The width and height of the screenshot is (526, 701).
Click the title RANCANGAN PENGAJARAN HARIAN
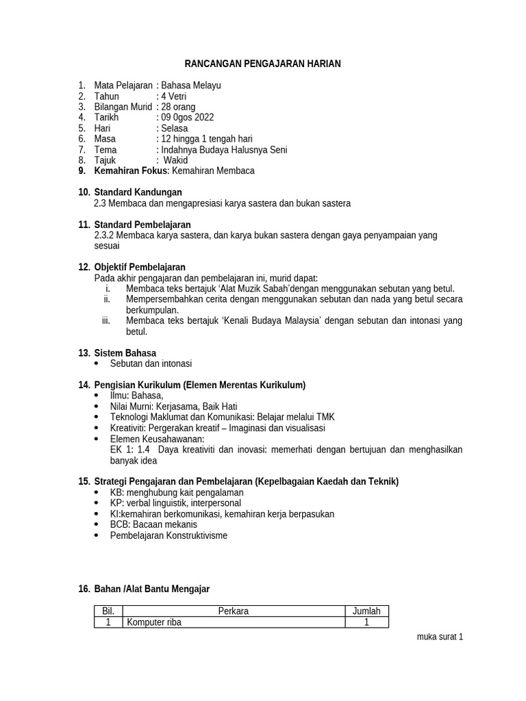263,64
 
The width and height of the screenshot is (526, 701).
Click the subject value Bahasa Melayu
190,86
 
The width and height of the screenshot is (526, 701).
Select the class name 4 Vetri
175,97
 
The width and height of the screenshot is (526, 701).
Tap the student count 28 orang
178,107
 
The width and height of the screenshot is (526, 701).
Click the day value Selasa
175,128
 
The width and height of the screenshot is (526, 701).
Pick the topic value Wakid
177,160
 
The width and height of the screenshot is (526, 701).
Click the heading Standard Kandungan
138,192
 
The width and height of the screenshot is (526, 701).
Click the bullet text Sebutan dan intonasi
151,364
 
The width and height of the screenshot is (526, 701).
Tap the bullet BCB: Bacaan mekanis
153,524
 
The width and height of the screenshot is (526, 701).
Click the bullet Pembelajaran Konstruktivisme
168,535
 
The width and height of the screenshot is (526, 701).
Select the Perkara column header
234,611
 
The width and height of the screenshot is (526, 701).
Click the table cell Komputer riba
154,622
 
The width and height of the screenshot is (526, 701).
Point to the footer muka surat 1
440,637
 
